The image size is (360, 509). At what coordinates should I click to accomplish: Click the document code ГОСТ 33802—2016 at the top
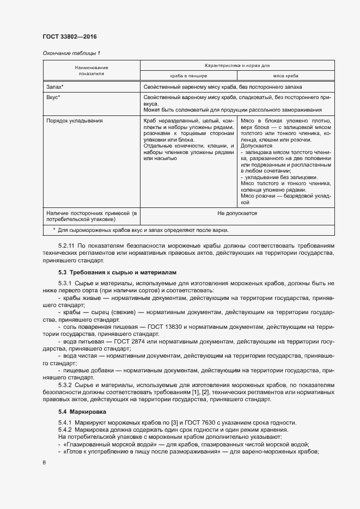pyautogui.click(x=69, y=36)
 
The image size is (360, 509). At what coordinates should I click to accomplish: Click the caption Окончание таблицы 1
pyautogui.click(x=71, y=53)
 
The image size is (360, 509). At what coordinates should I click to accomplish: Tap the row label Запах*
pyautogui.click(x=55, y=87)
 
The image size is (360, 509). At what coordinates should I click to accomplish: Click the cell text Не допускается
pyautogui.click(x=237, y=213)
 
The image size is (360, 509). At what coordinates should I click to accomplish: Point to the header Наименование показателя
pyautogui.click(x=91, y=70)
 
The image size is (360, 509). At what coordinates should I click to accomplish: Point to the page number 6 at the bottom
pyautogui.click(x=44, y=462)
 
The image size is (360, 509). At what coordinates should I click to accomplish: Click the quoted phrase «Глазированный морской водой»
pyautogui.click(x=101, y=444)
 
